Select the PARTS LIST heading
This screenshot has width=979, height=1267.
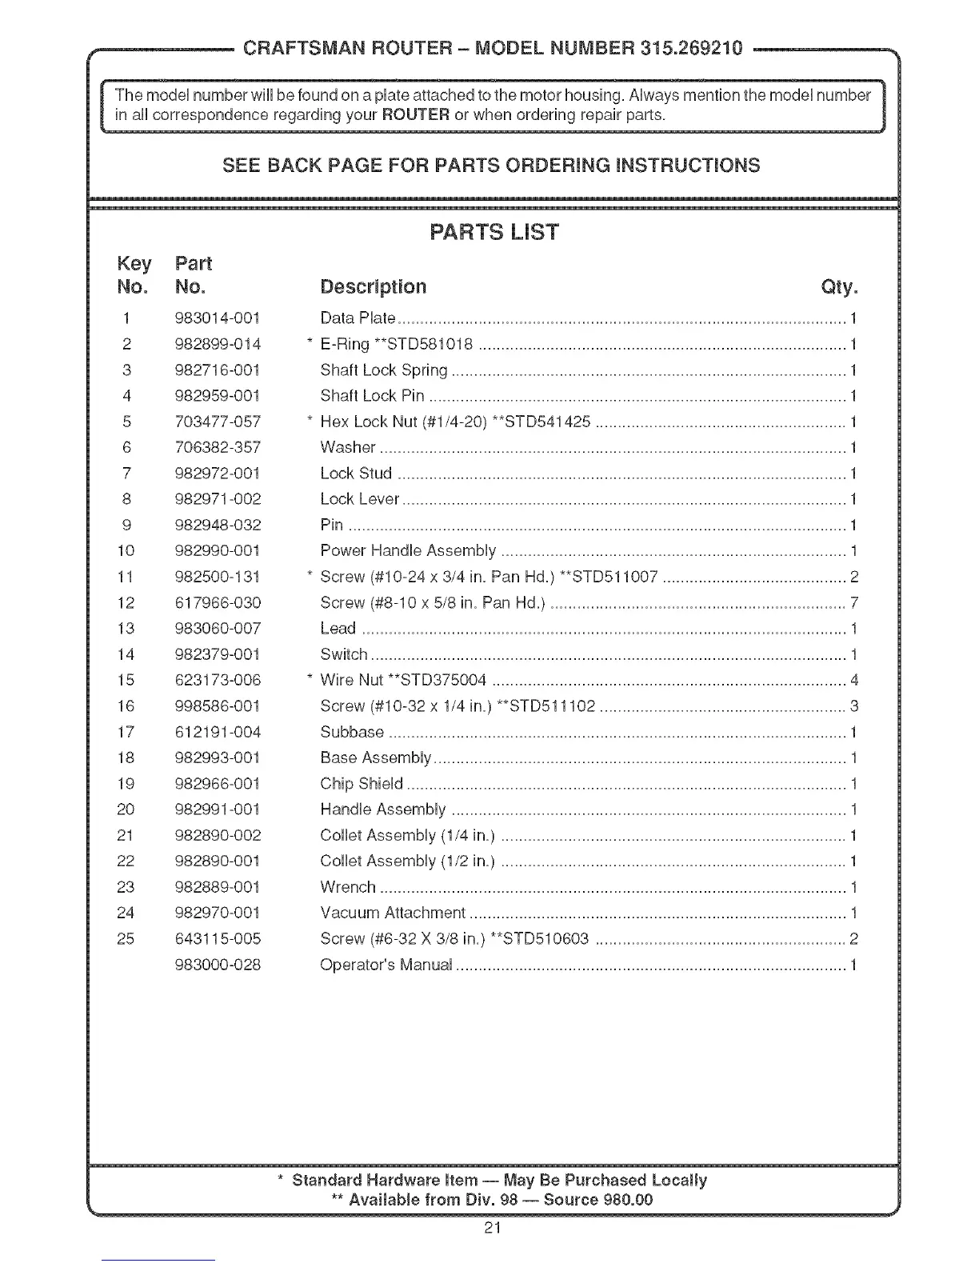[x=493, y=233]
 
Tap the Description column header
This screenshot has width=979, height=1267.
[x=373, y=287]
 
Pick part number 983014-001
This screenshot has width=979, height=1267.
[x=218, y=318]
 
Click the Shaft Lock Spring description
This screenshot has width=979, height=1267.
[x=384, y=370]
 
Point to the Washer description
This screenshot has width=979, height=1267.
[x=348, y=448]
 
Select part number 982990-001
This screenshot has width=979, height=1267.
[x=218, y=551]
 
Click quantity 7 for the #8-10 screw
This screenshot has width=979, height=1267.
[x=853, y=603]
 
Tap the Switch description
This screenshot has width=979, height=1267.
[x=344, y=654]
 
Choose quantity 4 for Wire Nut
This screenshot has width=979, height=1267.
[x=853, y=681]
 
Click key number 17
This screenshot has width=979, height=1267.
[x=126, y=732]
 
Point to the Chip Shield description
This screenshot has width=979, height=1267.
[x=362, y=784]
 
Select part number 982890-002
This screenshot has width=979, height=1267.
[x=218, y=836]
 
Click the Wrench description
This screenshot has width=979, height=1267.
[x=348, y=887]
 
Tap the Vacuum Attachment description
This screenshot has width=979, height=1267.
[x=393, y=913]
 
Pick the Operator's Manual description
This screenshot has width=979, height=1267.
[x=386, y=965]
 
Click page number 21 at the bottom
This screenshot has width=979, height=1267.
[x=492, y=1228]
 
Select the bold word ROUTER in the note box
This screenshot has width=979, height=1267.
[x=415, y=114]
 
